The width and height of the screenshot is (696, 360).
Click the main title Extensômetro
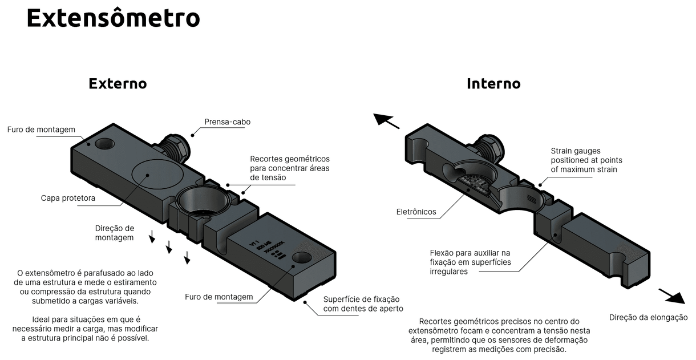click(x=113, y=18)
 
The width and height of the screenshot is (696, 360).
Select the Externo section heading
click(x=118, y=83)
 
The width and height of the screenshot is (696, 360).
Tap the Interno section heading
click(x=493, y=83)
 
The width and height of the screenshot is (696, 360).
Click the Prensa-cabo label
click(x=227, y=122)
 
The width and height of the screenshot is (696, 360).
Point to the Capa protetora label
click(x=68, y=198)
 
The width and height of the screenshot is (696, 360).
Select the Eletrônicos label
click(x=416, y=212)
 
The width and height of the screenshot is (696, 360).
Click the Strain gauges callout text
click(x=586, y=160)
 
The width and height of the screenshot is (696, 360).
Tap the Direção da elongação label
click(x=648, y=317)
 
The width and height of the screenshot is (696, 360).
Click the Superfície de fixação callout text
click(x=362, y=304)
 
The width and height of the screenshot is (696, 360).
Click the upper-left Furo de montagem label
click(x=41, y=130)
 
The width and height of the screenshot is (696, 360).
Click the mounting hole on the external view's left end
click(x=104, y=143)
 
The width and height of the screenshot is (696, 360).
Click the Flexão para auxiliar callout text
click(x=470, y=262)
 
